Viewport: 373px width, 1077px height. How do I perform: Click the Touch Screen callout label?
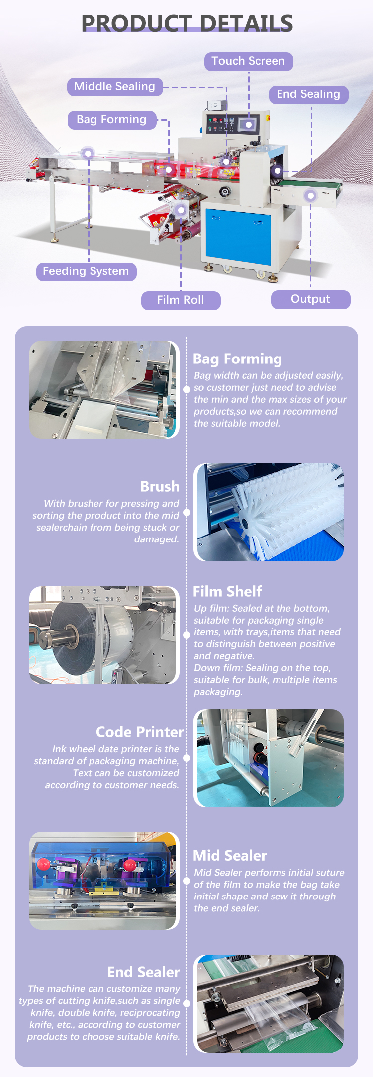click(x=249, y=61)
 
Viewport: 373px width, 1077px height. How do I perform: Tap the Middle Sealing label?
click(x=114, y=87)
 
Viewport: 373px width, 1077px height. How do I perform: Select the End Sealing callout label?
click(x=308, y=94)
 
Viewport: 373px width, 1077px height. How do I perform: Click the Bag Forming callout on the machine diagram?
click(x=112, y=120)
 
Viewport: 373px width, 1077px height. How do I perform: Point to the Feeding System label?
click(x=86, y=271)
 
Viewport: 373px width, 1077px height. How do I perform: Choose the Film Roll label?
click(x=181, y=300)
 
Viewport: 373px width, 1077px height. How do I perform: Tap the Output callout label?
click(x=310, y=299)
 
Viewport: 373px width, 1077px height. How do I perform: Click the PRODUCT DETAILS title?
click(x=187, y=23)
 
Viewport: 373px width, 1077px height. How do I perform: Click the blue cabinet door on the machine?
click(x=238, y=236)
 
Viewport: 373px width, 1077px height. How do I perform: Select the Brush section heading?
click(x=160, y=486)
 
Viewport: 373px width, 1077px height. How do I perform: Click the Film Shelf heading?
click(x=227, y=591)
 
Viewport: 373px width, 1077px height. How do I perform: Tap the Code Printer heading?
click(x=139, y=732)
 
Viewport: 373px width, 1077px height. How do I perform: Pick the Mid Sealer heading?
click(x=230, y=855)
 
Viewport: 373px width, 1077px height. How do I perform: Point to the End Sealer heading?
click(x=143, y=972)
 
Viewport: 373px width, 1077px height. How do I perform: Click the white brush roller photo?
click(x=269, y=513)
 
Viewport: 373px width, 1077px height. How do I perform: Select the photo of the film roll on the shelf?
click(x=104, y=635)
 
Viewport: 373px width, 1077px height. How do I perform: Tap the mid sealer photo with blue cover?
click(x=104, y=881)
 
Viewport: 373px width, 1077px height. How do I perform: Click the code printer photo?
click(x=269, y=758)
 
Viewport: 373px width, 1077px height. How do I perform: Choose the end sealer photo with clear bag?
click(x=269, y=1003)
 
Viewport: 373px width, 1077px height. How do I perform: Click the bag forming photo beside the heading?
click(x=104, y=389)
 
